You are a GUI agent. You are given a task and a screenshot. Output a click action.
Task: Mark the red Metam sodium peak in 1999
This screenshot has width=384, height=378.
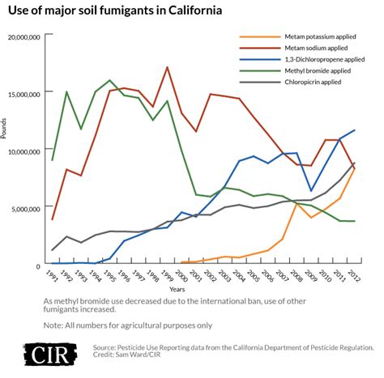click(167, 67)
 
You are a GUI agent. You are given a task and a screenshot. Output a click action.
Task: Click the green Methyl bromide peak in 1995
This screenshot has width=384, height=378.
click(110, 80)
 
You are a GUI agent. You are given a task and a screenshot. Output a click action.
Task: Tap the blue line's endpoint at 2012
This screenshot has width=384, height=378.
click(353, 130)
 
